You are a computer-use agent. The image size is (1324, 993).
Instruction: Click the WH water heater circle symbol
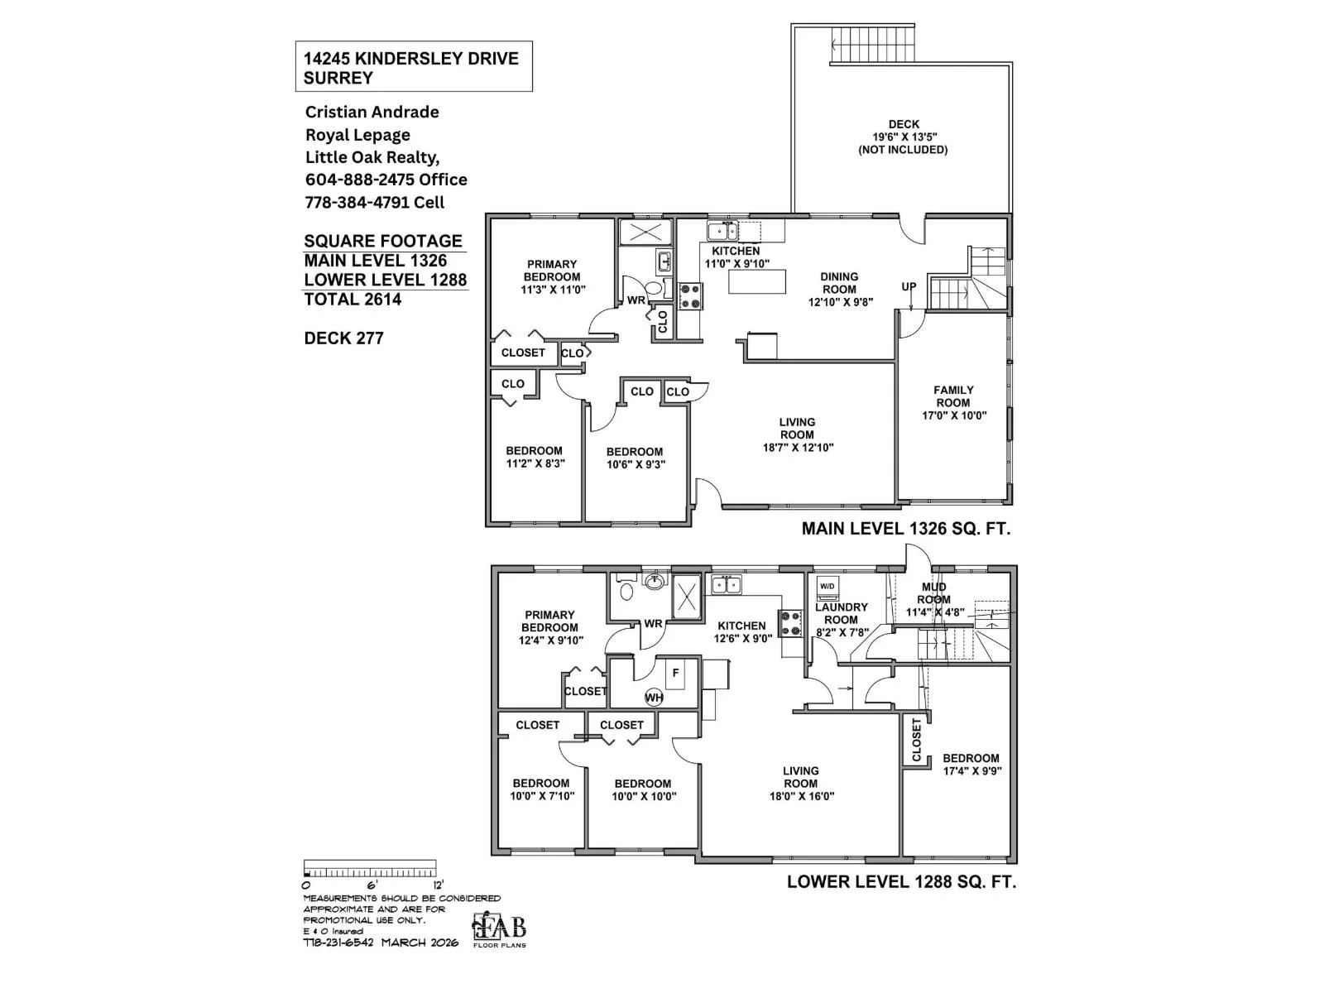[x=654, y=698]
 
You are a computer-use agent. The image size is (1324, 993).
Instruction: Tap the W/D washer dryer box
[x=827, y=587]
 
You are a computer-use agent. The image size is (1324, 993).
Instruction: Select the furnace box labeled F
[x=676, y=673]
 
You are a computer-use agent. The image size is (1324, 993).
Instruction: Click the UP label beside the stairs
[x=909, y=287]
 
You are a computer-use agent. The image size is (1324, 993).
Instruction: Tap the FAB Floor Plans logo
[x=499, y=930]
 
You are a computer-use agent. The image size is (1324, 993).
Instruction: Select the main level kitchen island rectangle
[x=756, y=282]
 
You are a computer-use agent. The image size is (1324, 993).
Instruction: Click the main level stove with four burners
[x=690, y=295]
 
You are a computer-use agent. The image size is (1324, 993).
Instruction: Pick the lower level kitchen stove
[x=790, y=622]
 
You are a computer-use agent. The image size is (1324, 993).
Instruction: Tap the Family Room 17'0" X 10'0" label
[x=954, y=402]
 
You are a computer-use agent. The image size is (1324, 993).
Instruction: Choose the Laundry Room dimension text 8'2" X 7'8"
[x=841, y=632]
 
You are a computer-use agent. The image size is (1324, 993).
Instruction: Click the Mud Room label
[x=933, y=593]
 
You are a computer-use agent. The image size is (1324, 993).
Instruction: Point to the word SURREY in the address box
[x=338, y=79]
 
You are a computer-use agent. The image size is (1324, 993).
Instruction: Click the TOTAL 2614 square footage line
[x=353, y=300]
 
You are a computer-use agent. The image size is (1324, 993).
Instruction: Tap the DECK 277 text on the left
[x=343, y=338]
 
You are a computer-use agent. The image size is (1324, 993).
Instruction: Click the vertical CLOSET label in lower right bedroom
[x=916, y=740]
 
